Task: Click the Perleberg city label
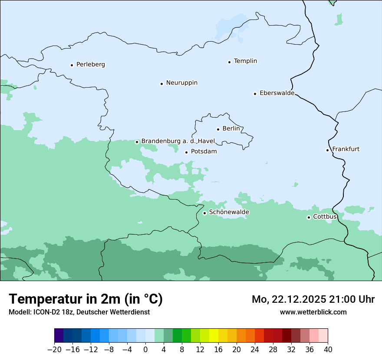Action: (x=90, y=65)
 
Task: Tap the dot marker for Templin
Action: (x=229, y=62)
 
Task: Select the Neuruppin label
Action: (x=181, y=83)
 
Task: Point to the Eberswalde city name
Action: (x=277, y=93)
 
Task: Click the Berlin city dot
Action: (x=218, y=129)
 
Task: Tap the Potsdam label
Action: (x=204, y=152)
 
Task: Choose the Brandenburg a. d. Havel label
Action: (x=178, y=141)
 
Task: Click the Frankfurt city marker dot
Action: (x=328, y=150)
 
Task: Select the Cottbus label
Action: (x=325, y=216)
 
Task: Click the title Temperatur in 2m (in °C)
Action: (x=86, y=299)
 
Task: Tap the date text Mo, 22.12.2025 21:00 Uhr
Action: (x=313, y=299)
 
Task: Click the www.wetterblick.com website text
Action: (x=313, y=312)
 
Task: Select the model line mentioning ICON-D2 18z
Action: (x=79, y=312)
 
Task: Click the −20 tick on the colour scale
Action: (x=55, y=350)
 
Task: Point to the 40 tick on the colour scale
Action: (x=328, y=350)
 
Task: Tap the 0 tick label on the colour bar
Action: (x=145, y=350)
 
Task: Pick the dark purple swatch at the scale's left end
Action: (x=59, y=336)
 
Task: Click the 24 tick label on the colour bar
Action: (x=255, y=350)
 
